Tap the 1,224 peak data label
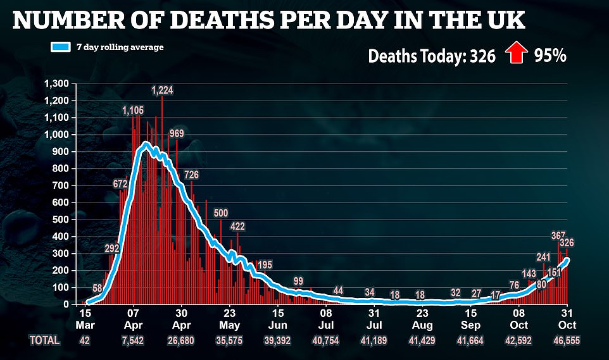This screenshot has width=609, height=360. (x=161, y=90)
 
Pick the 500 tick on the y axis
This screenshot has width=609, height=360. (x=62, y=220)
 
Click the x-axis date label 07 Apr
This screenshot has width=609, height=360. (x=133, y=318)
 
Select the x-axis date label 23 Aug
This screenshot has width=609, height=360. (x=422, y=318)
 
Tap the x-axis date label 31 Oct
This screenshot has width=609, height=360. (x=567, y=318)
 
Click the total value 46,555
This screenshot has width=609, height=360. (x=567, y=340)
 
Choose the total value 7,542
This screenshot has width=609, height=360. (x=133, y=340)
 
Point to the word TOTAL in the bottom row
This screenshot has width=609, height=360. (x=44, y=340)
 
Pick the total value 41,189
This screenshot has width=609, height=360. (x=374, y=340)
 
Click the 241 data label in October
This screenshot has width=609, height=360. (x=543, y=256)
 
